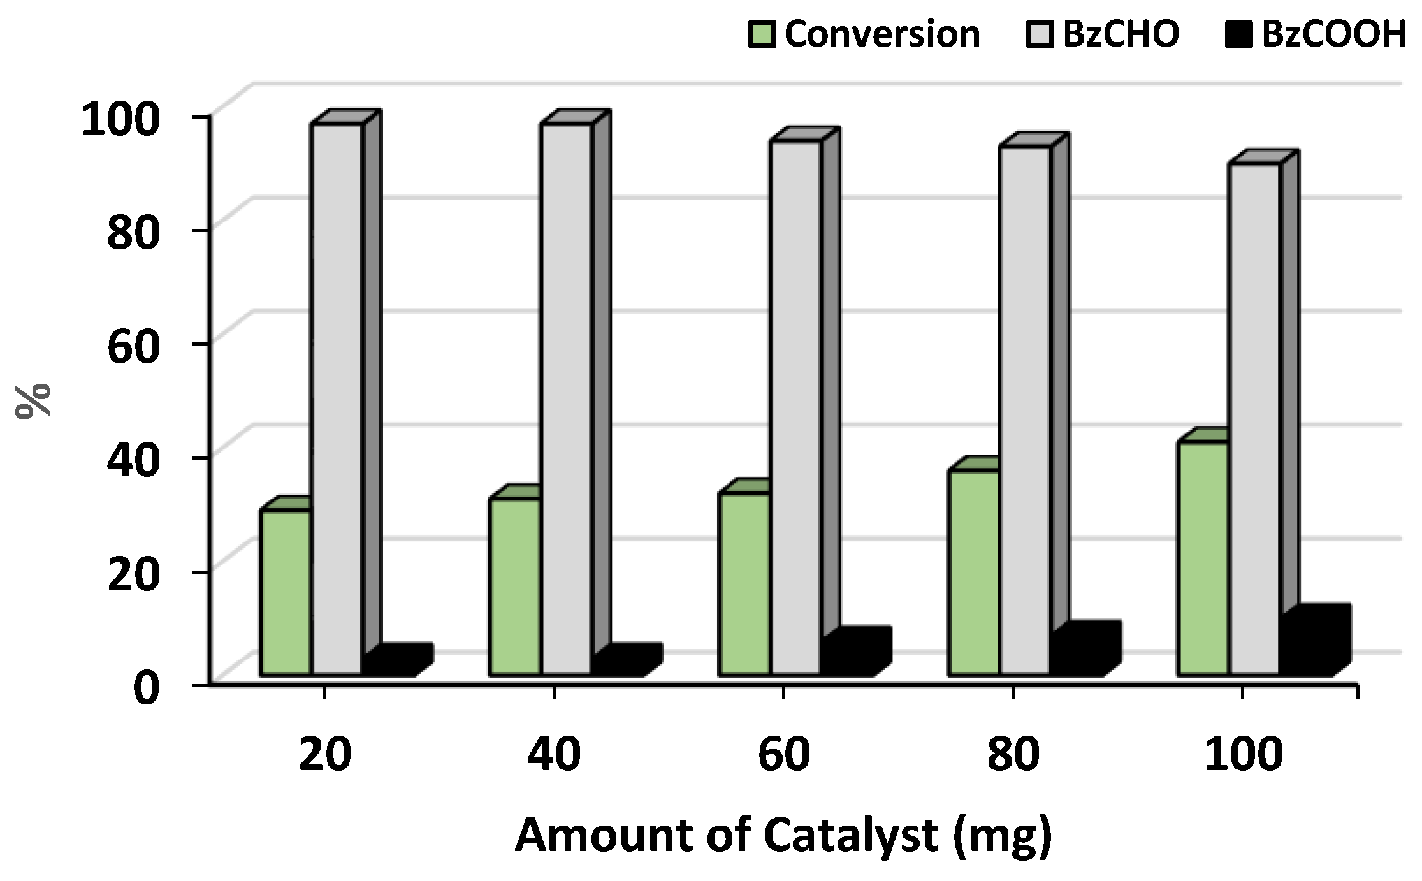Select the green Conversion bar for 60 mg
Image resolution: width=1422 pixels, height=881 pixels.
[x=744, y=583]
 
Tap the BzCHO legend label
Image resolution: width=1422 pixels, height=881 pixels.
[x=1120, y=34]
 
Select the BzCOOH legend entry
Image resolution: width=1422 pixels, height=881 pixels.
[x=1333, y=34]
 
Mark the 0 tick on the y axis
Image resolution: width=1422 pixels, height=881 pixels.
[x=145, y=688]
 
